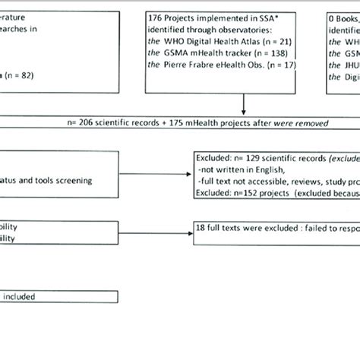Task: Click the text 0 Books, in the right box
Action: pyautogui.click(x=346, y=16)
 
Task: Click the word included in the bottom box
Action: pyautogui.click(x=21, y=298)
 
